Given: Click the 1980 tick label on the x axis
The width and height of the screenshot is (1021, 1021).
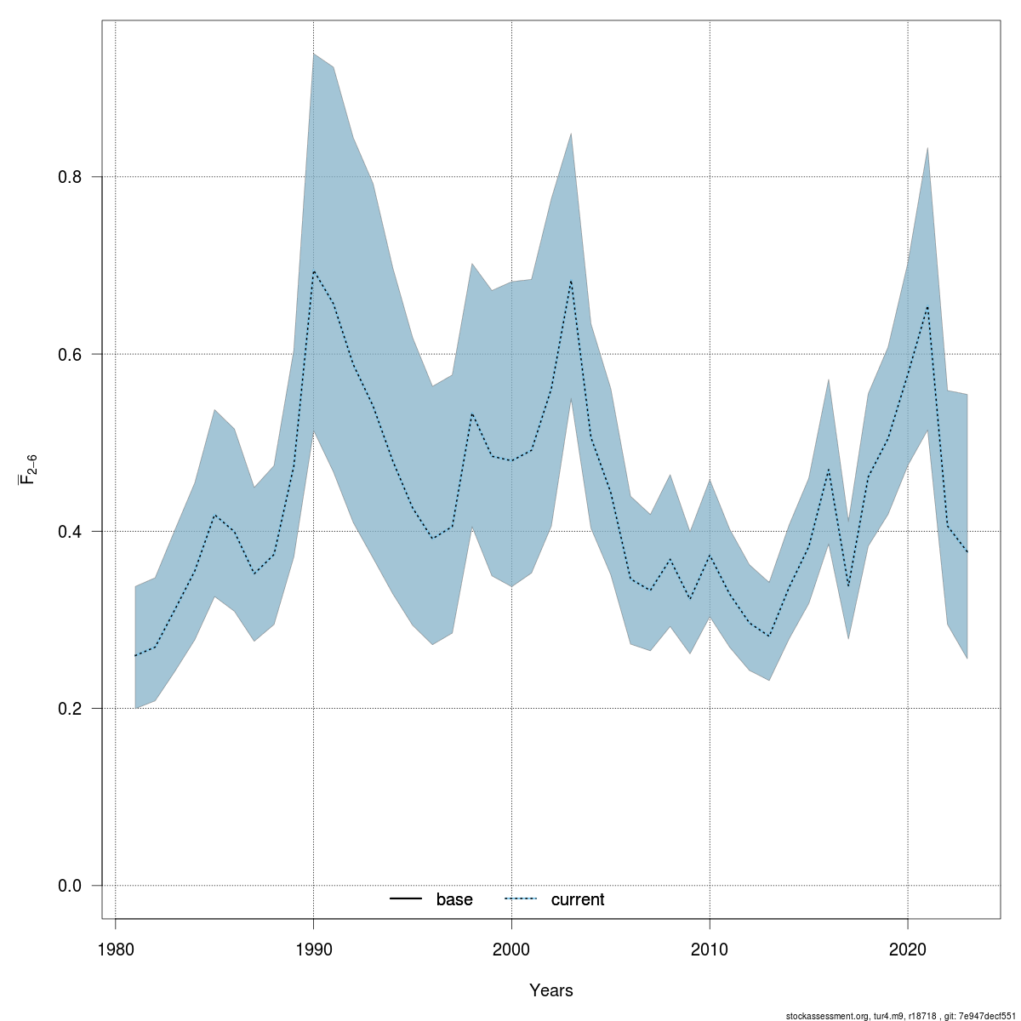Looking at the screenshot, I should pos(115,949).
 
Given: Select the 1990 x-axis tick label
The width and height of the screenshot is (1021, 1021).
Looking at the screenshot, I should pos(313,949).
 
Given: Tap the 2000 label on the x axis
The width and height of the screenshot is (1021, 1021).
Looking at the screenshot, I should pos(511,949).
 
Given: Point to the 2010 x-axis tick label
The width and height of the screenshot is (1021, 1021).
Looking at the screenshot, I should pos(710,949).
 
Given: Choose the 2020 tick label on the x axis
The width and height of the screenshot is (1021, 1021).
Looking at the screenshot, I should pos(908,949).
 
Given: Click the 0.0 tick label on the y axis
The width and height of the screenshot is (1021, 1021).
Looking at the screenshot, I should pos(69,886).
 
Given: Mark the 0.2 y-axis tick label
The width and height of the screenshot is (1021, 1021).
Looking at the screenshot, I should pos(69,709).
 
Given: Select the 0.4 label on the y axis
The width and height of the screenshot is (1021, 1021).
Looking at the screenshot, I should pos(69,532).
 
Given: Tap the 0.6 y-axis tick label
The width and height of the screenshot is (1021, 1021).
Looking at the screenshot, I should pos(69,354).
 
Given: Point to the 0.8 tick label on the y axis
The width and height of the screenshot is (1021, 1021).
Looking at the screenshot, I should pos(69,177).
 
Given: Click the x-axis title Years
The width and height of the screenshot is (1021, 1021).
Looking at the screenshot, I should pos(551,990).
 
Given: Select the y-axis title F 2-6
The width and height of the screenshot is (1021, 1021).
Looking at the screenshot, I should pos(28,470).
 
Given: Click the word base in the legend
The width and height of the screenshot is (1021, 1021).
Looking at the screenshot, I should pos(454,900).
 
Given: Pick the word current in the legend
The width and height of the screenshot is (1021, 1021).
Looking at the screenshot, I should pos(578,900).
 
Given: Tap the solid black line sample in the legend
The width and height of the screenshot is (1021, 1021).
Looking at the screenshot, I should pos(407,899).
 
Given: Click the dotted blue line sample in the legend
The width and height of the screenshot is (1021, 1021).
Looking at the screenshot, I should pos(522,899).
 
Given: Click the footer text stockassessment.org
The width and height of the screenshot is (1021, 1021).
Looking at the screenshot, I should pos(824,1016).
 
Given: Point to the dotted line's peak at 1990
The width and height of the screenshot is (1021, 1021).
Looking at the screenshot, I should pos(314,271).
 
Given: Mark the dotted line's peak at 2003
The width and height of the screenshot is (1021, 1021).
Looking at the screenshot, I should pos(571,281).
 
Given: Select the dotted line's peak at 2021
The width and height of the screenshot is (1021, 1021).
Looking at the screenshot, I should pos(927,306).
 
